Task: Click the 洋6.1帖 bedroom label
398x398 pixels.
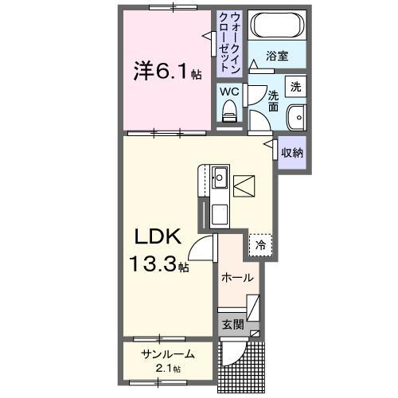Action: click(166, 72)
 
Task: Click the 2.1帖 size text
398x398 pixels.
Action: click(168, 369)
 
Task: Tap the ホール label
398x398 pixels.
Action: click(239, 278)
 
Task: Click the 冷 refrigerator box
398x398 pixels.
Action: click(259, 246)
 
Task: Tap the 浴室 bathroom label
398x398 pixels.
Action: click(276, 57)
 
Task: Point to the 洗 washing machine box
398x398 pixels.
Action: click(295, 86)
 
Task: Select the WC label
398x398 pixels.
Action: click(230, 92)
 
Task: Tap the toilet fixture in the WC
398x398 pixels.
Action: click(230, 114)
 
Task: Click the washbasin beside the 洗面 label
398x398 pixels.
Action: click(296, 115)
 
